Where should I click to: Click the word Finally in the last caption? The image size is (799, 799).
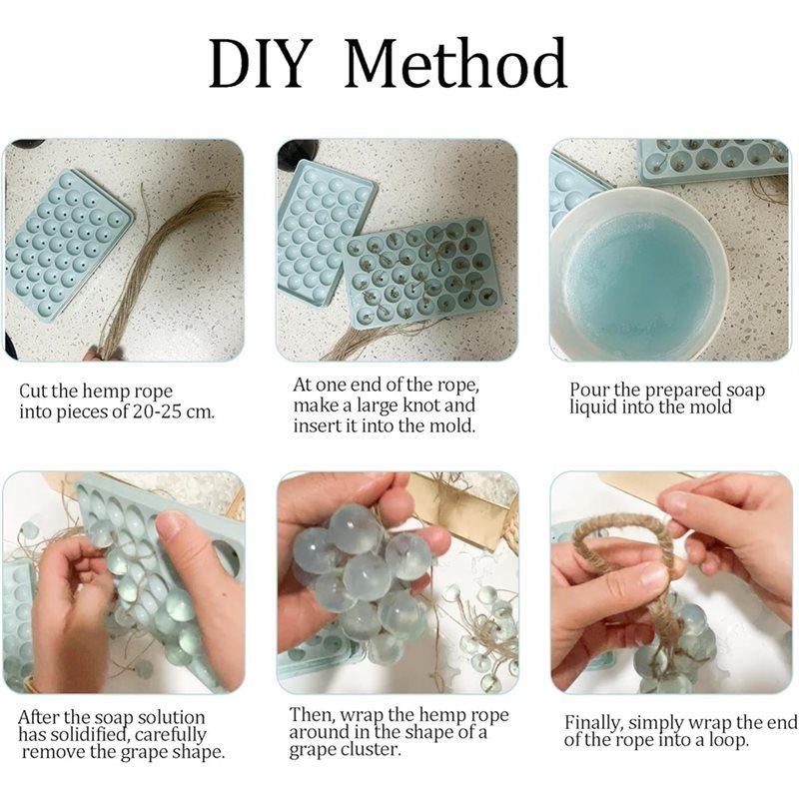597,721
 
